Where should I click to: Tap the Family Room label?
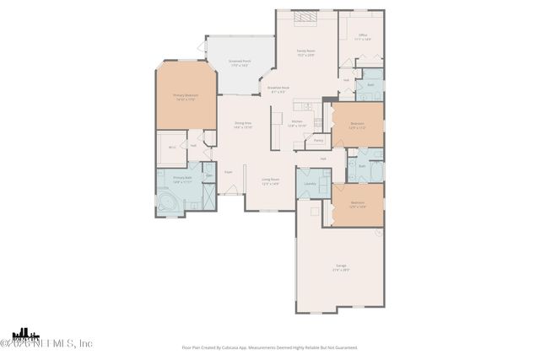point(306,53)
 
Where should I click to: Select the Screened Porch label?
point(240,63)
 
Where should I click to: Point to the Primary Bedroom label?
point(186,98)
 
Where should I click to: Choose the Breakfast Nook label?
point(278,89)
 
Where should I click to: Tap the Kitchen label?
point(297,123)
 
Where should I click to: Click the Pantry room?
point(318,140)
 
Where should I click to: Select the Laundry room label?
point(310,183)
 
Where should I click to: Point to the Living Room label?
point(270,181)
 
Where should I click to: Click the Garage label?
point(340,267)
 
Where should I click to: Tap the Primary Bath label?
point(182,179)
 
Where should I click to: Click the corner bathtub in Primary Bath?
point(169,203)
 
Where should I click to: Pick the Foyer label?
point(228,172)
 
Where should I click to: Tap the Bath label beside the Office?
point(370,85)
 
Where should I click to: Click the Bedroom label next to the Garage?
point(358,203)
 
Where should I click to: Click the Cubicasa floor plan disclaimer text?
point(269,347)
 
